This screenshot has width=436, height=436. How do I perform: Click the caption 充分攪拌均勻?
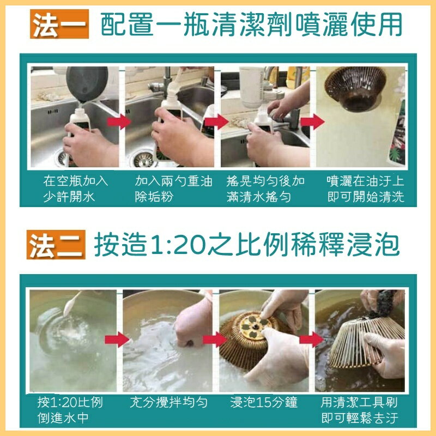(x=168, y=403)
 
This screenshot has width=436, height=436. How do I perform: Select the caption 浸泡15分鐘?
(x=264, y=403)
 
